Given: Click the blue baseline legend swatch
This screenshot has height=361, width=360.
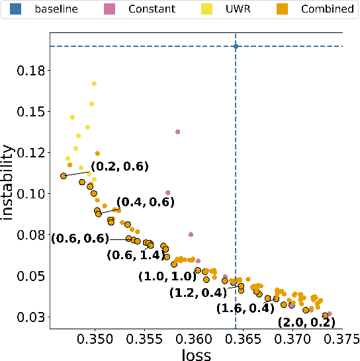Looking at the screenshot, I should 10,9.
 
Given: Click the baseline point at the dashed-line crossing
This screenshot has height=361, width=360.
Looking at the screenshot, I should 236,46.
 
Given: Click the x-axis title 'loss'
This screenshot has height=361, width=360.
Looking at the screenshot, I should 196,354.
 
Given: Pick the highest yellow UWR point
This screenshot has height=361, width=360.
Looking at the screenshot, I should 94,84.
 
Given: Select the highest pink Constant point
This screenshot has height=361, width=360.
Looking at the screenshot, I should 177,132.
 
